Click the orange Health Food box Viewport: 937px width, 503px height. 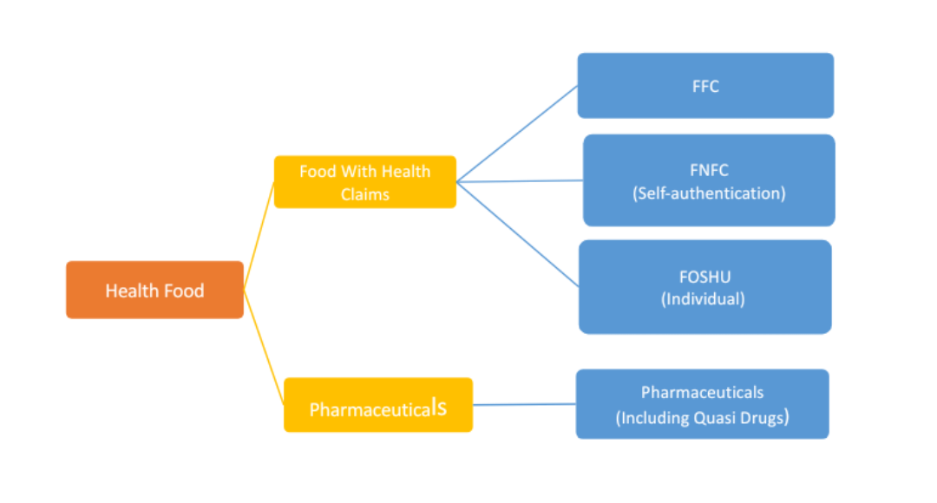(154, 290)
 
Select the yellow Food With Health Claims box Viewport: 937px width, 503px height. (364, 182)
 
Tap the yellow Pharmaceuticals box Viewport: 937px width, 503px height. (378, 405)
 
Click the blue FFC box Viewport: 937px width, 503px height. (705, 86)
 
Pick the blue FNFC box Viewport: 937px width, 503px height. (709, 180)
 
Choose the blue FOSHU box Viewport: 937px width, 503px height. (704, 287)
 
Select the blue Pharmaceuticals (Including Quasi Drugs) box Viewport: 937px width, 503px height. (702, 404)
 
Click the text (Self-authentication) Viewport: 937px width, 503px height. (709, 193)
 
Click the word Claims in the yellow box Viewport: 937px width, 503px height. (364, 194)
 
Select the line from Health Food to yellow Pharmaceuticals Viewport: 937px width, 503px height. (263, 347)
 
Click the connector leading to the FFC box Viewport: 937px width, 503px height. (516, 134)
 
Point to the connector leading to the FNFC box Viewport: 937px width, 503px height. (521, 181)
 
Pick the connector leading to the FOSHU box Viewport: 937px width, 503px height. (518, 234)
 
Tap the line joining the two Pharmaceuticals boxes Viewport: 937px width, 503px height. (524, 404)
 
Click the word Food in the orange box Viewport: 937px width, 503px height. (185, 291)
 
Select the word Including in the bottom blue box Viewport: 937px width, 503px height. (652, 418)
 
